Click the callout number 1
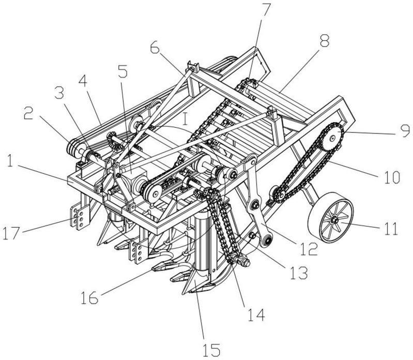click(x=10, y=162)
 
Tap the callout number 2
click(x=29, y=113)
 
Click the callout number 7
click(x=266, y=10)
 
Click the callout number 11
click(x=391, y=228)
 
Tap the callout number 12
click(x=309, y=249)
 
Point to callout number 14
click(x=256, y=314)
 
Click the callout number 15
click(x=212, y=350)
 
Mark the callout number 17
click(x=11, y=233)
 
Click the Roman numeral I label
click(x=185, y=119)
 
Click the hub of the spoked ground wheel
click(x=335, y=219)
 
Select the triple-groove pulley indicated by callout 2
click(x=74, y=149)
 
